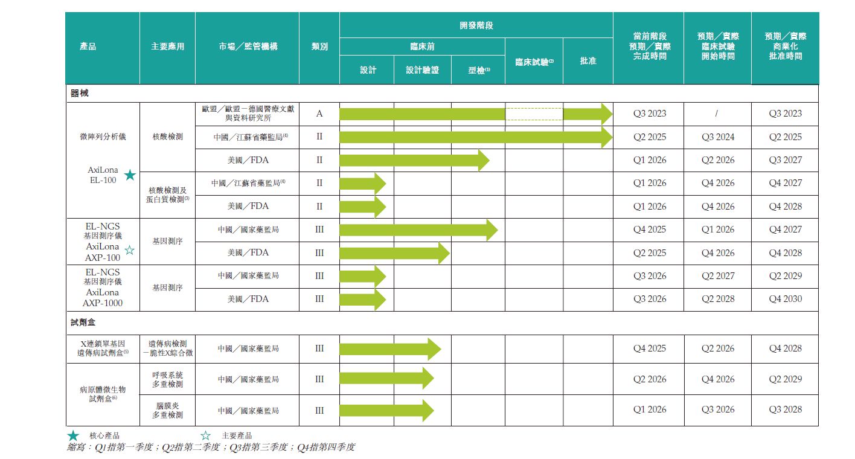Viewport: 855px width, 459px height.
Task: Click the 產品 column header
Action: pyautogui.click(x=88, y=47)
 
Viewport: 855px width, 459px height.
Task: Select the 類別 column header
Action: pyautogui.click(x=319, y=47)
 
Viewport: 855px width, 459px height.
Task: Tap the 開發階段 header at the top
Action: pyautogui.click(x=476, y=25)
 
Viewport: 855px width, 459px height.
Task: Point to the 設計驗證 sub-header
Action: pyautogui.click(x=422, y=70)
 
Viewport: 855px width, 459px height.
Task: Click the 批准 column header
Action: pyautogui.click(x=588, y=61)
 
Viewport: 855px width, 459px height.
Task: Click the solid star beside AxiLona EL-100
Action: pyautogui.click(x=130, y=176)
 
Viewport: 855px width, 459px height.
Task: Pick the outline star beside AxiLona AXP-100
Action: pyautogui.click(x=129, y=251)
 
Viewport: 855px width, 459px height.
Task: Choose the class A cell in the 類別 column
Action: pyautogui.click(x=319, y=114)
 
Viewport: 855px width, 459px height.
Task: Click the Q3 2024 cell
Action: pyautogui.click(x=717, y=137)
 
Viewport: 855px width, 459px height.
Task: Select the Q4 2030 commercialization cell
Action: pyautogui.click(x=785, y=299)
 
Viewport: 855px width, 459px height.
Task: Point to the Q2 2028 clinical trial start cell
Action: pyautogui.click(x=717, y=299)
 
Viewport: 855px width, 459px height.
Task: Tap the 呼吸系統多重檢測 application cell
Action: pyautogui.click(x=167, y=379)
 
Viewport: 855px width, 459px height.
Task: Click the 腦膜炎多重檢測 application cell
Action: pyautogui.click(x=167, y=411)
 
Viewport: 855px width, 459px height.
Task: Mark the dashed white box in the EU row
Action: pyautogui.click(x=534, y=114)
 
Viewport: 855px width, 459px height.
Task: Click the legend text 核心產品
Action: pyautogui.click(x=104, y=435)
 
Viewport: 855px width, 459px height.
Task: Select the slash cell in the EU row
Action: pyautogui.click(x=717, y=114)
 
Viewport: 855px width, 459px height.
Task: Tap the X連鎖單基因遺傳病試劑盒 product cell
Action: pyautogui.click(x=103, y=348)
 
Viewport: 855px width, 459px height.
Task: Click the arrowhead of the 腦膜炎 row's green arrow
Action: pyautogui.click(x=427, y=411)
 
